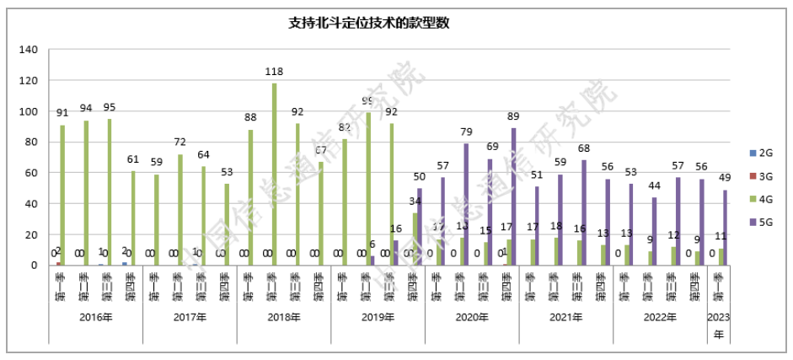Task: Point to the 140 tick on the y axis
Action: [28, 51]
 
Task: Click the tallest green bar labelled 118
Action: [275, 175]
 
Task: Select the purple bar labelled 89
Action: [514, 197]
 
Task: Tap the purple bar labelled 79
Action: [466, 205]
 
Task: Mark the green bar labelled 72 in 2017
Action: [180, 210]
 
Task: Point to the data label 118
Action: [274, 73]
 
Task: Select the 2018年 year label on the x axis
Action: [284, 318]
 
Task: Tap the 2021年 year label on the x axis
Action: [566, 318]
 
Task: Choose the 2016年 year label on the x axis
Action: [95, 318]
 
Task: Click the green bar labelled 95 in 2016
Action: [110, 192]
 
